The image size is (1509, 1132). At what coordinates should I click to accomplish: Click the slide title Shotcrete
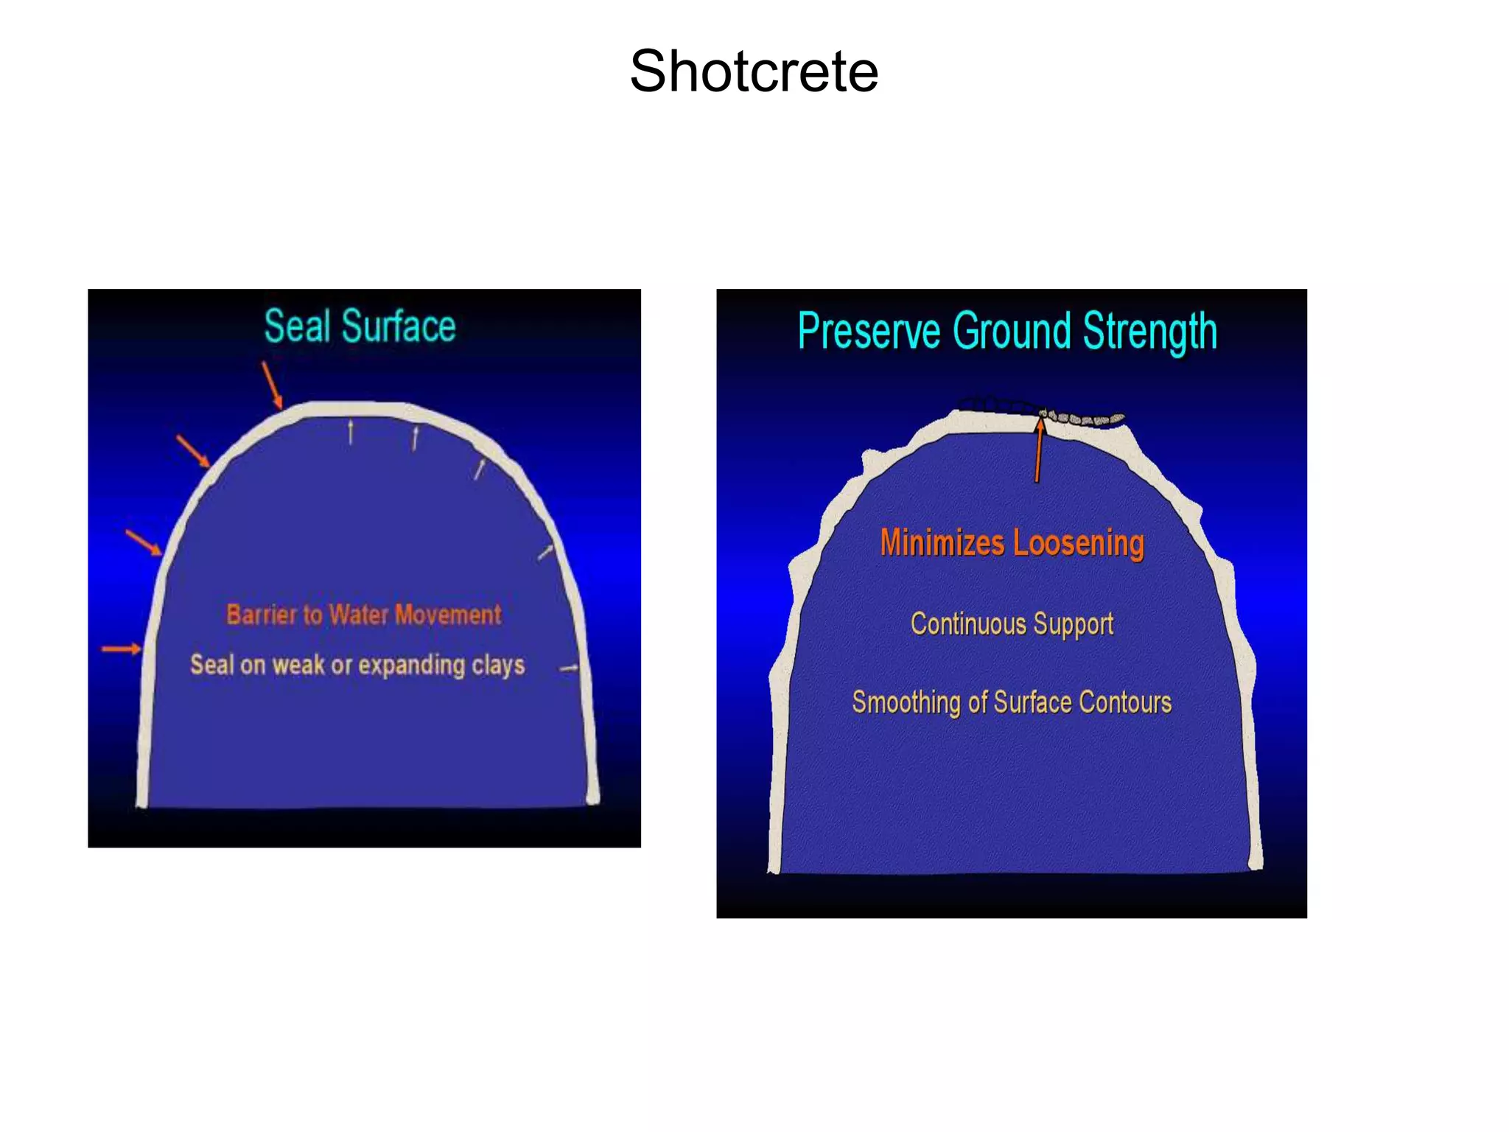coord(754,71)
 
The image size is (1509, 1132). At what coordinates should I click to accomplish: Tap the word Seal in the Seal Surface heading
coord(297,326)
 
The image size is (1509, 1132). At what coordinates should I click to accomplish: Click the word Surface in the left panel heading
coord(399,326)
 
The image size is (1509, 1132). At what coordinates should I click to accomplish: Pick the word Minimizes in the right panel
coord(942,542)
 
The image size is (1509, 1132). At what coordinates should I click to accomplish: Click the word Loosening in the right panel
coord(1079,544)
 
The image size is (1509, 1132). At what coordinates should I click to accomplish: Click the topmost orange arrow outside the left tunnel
coord(272,384)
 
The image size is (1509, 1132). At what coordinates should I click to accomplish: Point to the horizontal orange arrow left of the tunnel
coord(121,649)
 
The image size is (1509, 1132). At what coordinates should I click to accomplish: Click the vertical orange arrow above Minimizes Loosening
coord(1039,450)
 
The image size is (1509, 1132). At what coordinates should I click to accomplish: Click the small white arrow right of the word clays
coord(569,669)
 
